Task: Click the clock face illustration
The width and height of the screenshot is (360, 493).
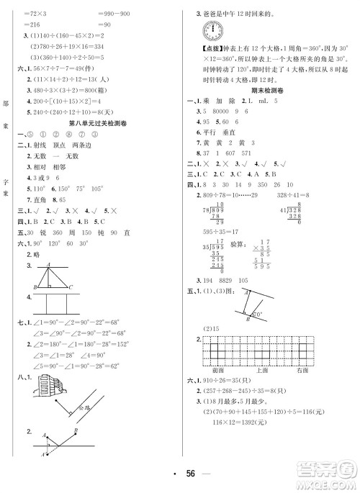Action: pyautogui.click(x=213, y=32)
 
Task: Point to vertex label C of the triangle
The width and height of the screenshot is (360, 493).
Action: pyautogui.click(x=71, y=286)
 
